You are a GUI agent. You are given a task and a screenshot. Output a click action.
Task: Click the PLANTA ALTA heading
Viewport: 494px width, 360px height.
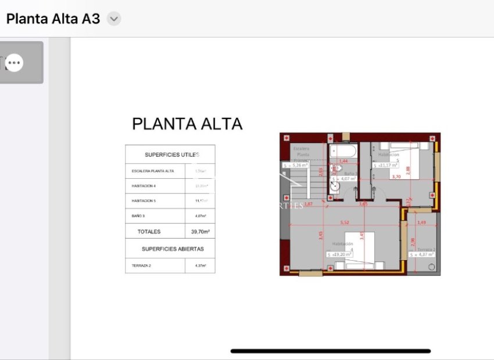point(187,124)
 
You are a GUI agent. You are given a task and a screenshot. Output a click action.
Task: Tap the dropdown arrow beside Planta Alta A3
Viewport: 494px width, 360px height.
point(114,19)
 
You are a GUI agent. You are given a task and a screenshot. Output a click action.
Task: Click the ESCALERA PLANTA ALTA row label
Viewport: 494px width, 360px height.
point(153,171)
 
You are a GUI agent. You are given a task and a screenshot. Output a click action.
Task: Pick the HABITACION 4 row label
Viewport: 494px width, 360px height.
point(144,186)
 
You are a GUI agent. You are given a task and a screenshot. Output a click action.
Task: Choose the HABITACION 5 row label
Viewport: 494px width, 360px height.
point(144,201)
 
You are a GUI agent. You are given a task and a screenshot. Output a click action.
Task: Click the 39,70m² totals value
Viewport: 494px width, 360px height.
point(200,232)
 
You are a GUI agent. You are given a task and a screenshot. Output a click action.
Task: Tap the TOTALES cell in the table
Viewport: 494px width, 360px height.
point(149,232)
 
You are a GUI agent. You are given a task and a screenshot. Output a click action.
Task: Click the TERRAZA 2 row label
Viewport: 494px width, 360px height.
point(141,265)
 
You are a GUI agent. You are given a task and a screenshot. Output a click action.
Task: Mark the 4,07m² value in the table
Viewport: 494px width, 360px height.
point(200,216)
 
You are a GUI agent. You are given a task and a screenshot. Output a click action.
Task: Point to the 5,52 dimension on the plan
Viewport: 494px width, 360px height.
point(345,222)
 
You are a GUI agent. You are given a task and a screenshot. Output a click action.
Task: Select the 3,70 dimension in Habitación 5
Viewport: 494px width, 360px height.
point(396,177)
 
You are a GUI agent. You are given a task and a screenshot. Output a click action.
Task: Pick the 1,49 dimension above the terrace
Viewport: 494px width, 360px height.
point(421,222)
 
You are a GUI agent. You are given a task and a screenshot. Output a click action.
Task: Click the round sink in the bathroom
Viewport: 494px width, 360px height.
point(335,187)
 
